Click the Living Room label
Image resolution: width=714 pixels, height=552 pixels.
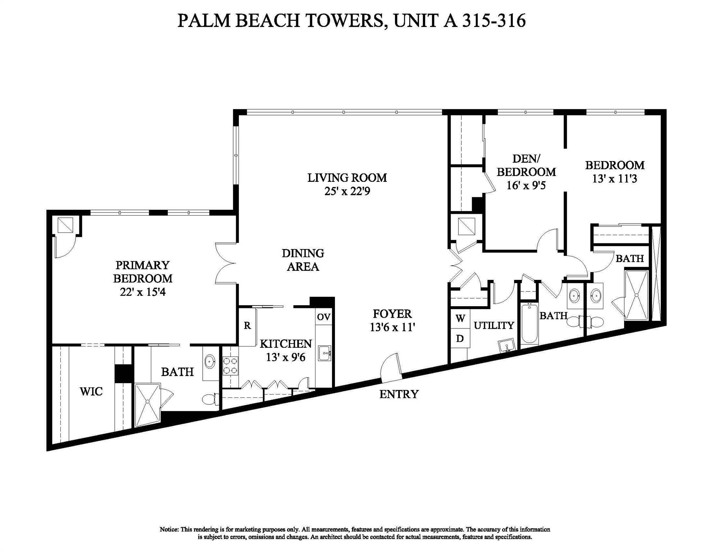click(347, 178)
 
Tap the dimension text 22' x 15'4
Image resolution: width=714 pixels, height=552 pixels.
click(143, 292)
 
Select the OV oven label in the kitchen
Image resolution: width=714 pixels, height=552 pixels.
click(323, 317)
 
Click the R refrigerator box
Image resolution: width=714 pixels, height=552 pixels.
click(247, 326)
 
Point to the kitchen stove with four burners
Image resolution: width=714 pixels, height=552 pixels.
click(230, 366)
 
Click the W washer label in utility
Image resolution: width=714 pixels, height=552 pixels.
click(460, 318)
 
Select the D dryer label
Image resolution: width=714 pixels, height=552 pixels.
click(460, 338)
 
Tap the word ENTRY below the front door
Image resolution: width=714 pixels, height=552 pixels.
click(399, 394)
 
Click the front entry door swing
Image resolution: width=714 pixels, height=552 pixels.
click(392, 368)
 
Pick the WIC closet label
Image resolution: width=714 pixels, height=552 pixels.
click(91, 391)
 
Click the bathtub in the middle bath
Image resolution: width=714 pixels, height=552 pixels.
click(529, 324)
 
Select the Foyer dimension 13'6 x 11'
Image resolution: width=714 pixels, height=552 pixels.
click(392, 327)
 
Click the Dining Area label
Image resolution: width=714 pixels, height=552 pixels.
click(303, 260)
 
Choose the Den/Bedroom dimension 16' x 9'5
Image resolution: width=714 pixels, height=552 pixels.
click(526, 185)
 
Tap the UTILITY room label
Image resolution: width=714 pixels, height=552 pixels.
click(494, 326)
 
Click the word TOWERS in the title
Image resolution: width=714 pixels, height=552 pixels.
click(345, 20)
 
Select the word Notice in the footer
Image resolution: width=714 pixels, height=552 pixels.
click(169, 529)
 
